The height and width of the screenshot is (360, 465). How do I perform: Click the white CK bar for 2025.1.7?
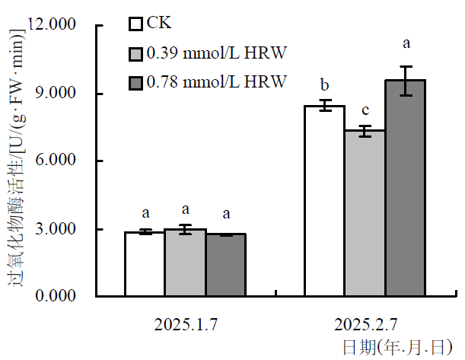tap(145, 264)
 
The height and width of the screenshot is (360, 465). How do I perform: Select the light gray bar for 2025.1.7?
tap(185, 263)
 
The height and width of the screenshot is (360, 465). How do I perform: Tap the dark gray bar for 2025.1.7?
tap(225, 265)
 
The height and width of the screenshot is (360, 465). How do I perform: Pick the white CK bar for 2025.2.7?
tap(324, 201)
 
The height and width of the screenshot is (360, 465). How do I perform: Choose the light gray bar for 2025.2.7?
tap(365, 213)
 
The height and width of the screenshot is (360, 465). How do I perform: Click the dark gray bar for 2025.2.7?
tap(405, 188)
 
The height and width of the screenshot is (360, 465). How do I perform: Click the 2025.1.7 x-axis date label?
tap(186, 325)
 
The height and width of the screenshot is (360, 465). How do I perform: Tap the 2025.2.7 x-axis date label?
tap(365, 325)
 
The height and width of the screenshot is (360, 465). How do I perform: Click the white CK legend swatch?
tap(136, 24)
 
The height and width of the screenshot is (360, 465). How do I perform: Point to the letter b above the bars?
tap(324, 84)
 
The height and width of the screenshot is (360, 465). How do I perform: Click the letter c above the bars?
tap(365, 110)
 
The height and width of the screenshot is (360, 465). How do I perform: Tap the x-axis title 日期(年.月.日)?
tap(397, 348)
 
